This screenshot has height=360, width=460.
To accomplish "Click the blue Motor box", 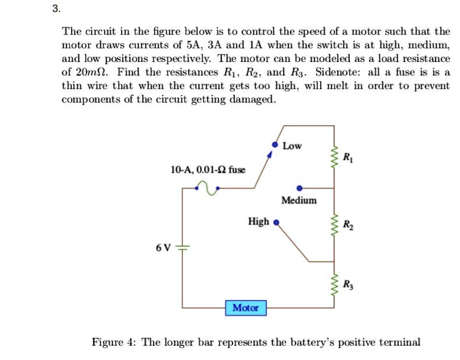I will coord(246,308).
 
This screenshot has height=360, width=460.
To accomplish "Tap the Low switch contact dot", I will coord(275,146).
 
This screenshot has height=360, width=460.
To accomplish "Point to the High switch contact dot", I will coord(276,222).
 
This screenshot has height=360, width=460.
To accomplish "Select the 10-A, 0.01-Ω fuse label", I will coord(208,170).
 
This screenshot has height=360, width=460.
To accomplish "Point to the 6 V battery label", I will coord(163,247).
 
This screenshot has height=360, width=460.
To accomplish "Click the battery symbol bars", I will coord(183,248).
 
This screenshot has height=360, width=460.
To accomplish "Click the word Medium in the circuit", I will coord(299,200).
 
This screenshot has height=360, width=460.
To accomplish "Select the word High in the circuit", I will coord(258,222).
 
